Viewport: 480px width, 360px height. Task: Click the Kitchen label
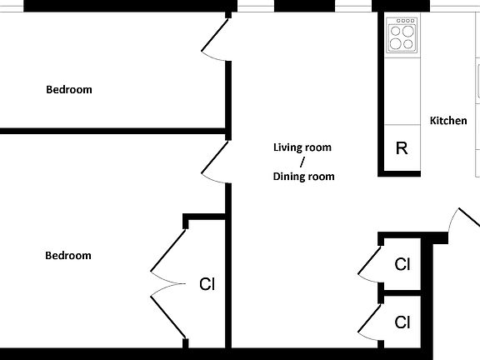tap(447, 121)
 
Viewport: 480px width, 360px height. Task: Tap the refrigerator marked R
tap(401, 148)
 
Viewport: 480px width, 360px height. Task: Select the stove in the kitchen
tap(402, 36)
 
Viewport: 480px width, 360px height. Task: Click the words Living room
tap(302, 147)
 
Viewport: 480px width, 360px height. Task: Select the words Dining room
tap(303, 176)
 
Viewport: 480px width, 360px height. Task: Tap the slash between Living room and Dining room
tap(302, 162)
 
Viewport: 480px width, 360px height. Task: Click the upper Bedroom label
tap(68, 89)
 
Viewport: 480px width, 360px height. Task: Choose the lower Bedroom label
tap(67, 255)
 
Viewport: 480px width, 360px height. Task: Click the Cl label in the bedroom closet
tap(207, 284)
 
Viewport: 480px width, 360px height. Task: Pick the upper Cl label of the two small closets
tap(402, 265)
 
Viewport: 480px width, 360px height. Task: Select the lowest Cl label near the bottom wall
tap(402, 322)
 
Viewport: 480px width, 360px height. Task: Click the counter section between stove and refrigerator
tap(402, 92)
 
